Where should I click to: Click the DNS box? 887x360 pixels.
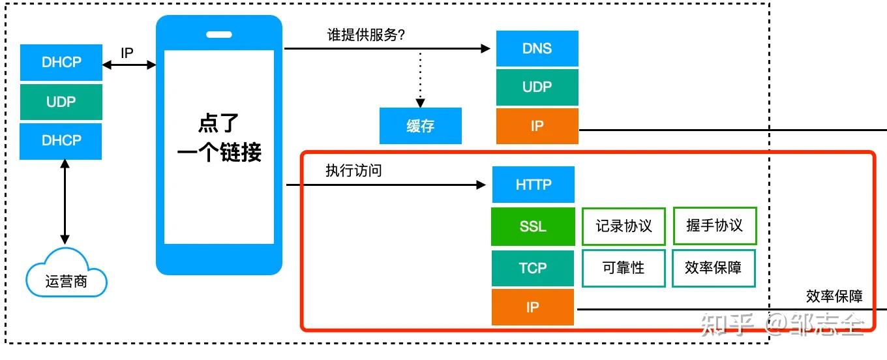click(537, 48)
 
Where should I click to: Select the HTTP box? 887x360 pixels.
click(534, 185)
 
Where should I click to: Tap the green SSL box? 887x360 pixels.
click(533, 226)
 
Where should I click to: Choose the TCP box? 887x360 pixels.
click(533, 267)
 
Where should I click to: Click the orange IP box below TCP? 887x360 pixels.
click(533, 307)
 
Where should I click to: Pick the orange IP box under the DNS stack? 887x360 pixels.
click(537, 126)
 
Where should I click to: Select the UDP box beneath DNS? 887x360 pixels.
click(537, 87)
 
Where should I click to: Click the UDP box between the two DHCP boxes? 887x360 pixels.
click(61, 102)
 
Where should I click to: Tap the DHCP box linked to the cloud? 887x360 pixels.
click(61, 141)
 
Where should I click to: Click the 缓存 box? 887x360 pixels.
click(421, 126)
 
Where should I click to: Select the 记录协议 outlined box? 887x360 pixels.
click(624, 226)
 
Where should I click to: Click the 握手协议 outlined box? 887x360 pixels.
click(714, 226)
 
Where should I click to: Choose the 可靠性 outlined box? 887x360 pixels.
click(624, 267)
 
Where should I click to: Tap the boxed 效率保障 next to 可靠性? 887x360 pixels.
click(714, 267)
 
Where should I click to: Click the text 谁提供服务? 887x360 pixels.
click(366, 35)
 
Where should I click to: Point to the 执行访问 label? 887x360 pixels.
click(353, 171)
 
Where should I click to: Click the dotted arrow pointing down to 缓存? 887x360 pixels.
click(421, 78)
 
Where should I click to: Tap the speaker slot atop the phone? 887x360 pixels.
click(218, 35)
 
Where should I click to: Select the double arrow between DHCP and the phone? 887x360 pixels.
click(129, 64)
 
